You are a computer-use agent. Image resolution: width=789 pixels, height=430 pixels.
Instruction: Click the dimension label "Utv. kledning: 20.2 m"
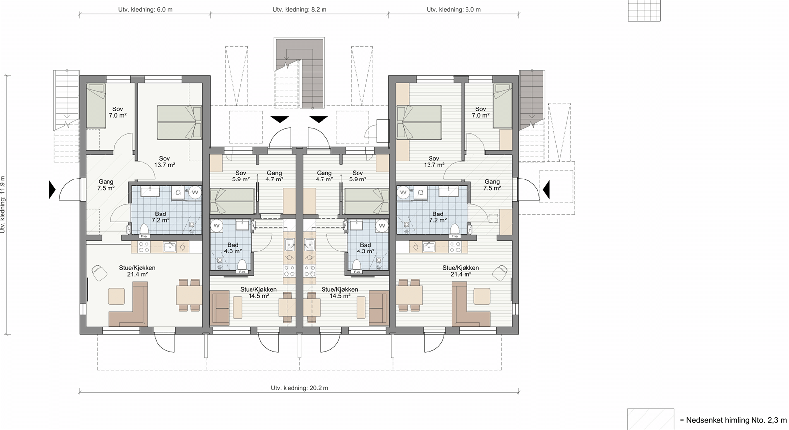pos(299,388)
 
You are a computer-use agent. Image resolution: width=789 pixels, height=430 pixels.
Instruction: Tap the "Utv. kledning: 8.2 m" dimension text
pos(299,9)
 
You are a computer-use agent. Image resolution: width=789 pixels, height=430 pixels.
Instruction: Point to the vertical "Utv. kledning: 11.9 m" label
pos(3,204)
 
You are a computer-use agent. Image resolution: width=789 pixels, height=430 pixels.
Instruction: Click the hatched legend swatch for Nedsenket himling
pos(650,420)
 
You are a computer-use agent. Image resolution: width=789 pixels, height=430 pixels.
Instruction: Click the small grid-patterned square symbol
pos(644,10)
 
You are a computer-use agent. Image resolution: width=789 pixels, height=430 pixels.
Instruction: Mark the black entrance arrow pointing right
pos(52,190)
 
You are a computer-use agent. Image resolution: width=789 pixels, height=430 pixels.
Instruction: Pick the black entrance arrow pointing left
pos(546,190)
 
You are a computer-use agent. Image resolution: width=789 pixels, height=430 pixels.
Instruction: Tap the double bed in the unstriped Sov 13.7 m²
pos(179,122)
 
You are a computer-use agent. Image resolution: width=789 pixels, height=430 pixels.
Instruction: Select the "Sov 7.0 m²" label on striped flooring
pos(480,112)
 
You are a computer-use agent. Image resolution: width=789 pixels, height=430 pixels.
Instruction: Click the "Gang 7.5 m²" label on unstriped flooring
pos(106,185)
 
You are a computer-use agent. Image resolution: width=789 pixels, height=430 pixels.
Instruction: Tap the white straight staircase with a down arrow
pos(66,99)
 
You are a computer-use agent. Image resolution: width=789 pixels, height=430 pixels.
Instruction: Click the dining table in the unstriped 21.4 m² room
pos(189,295)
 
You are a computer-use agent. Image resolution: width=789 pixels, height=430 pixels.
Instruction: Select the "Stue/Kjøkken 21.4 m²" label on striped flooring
pos(461,271)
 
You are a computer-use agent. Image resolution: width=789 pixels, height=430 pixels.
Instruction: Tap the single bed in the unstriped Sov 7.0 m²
pos(96,106)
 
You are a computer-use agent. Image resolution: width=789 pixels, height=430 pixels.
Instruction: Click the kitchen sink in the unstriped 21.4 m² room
pos(170,247)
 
